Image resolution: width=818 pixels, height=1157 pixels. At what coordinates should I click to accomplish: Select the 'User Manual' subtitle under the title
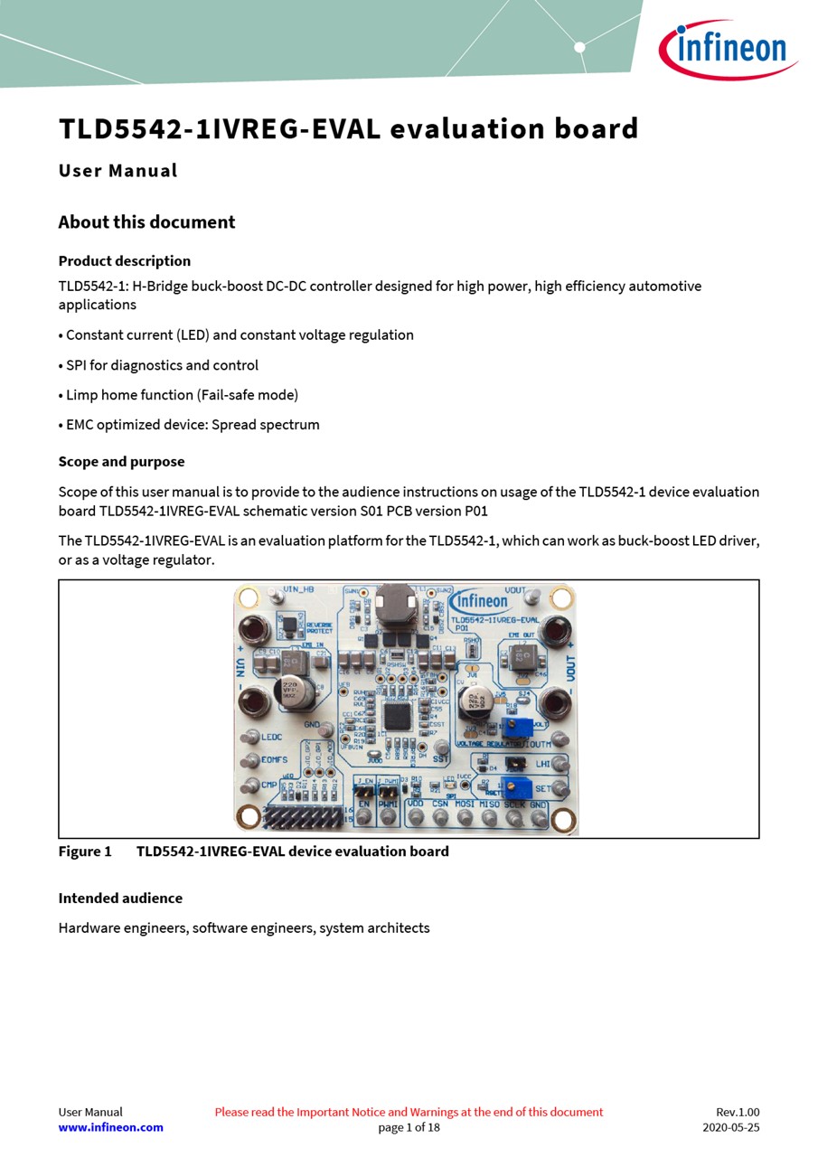click(118, 171)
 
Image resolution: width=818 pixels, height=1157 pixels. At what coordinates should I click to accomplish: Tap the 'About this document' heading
click(146, 222)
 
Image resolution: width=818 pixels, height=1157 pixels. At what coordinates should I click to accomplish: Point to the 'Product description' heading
click(125, 261)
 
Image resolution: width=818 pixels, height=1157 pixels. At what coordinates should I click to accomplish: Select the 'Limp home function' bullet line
click(178, 395)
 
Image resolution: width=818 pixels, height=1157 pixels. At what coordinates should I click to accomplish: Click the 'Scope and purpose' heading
click(121, 462)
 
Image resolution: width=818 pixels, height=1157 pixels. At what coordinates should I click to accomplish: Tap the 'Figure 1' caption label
click(85, 851)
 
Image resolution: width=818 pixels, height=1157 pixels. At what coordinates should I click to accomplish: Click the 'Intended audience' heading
click(120, 898)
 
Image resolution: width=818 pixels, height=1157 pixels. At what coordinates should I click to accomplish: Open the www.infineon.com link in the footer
click(110, 1127)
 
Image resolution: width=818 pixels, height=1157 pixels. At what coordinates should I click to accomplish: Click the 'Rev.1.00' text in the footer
click(738, 1112)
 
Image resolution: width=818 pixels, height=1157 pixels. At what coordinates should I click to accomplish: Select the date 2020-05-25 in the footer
click(730, 1127)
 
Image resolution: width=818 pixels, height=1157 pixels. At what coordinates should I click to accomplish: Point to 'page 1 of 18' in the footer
click(409, 1127)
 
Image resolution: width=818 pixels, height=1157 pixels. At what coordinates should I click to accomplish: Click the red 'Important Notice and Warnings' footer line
click(409, 1112)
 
